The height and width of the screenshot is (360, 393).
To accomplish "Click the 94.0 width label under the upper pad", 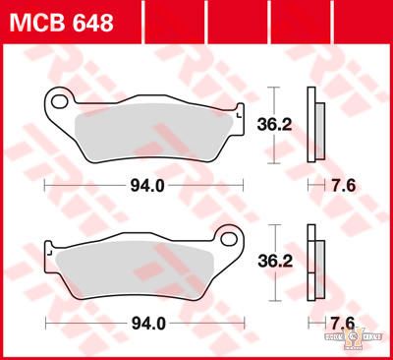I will coord(144,185).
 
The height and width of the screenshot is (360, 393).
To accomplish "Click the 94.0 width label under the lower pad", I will coord(144,323).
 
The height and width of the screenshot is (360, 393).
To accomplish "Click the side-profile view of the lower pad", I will coord(315,262).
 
